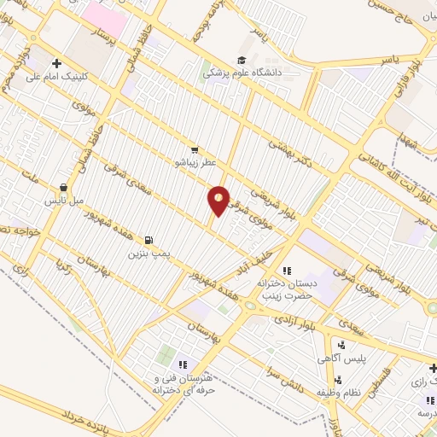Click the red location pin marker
point(219,200)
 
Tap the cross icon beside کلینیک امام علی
point(57,62)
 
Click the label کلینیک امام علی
point(60,76)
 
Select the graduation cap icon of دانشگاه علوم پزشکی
point(242,61)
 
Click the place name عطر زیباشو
point(196,160)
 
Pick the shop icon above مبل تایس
point(63,188)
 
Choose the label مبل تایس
point(63,201)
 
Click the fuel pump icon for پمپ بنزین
point(151,241)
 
